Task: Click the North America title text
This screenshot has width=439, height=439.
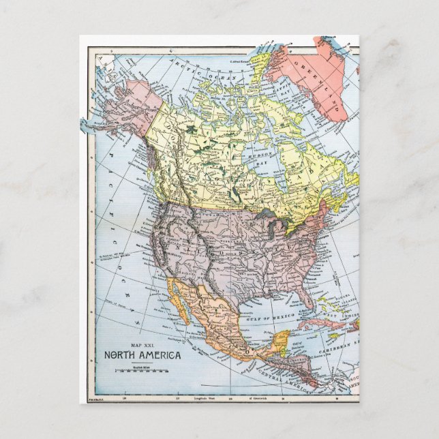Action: coord(142,355)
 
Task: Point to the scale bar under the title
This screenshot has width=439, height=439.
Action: coord(141,371)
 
